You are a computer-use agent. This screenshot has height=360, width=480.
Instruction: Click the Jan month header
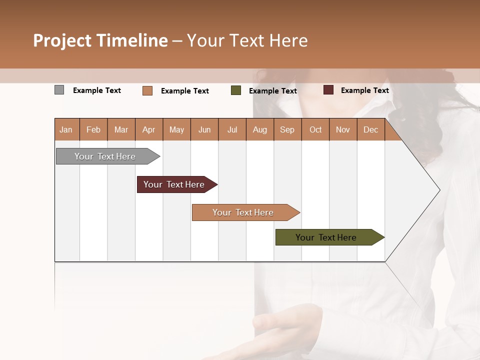[x=66, y=129]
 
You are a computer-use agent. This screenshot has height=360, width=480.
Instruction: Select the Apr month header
[x=148, y=129]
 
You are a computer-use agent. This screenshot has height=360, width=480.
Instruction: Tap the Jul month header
[x=232, y=129]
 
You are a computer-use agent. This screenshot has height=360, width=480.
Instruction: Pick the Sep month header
[x=287, y=129]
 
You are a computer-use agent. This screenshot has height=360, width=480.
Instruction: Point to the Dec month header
[x=370, y=129]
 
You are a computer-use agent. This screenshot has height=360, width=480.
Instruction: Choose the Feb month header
[x=93, y=129]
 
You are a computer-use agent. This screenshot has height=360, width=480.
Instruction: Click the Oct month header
[x=315, y=129]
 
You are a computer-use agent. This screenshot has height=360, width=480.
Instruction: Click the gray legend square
[x=59, y=90]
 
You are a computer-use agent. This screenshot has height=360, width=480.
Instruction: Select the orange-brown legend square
[x=147, y=90]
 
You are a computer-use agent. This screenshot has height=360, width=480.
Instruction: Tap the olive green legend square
[x=236, y=90]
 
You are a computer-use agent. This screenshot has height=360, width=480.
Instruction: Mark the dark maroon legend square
[x=328, y=90]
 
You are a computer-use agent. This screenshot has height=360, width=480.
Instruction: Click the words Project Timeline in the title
[x=100, y=40]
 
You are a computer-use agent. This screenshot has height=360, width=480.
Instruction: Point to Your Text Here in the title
[x=247, y=40]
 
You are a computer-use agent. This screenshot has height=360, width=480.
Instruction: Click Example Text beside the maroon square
[x=364, y=90]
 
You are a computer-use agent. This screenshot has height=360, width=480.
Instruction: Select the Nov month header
[x=343, y=129]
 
